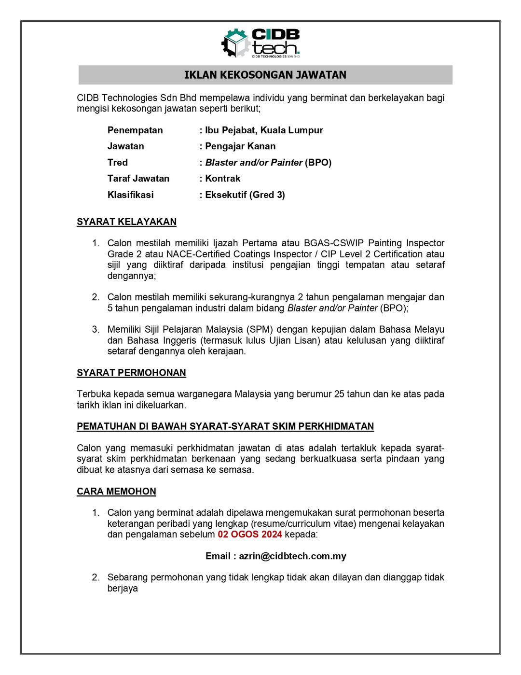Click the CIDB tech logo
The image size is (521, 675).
[x=260, y=43]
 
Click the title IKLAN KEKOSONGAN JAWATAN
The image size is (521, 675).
[x=265, y=75]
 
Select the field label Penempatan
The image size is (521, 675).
[x=135, y=130]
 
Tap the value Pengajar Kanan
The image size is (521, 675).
[x=240, y=146]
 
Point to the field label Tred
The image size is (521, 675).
[x=118, y=163]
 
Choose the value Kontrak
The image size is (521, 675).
[x=223, y=179]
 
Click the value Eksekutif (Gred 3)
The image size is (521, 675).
[x=245, y=195]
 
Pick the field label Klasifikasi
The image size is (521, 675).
[x=131, y=195]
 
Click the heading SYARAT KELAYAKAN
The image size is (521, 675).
[x=126, y=222]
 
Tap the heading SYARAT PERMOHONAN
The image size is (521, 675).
[x=131, y=373]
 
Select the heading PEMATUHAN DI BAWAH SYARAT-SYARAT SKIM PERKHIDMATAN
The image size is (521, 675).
[x=225, y=426]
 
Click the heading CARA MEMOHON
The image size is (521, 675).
[x=116, y=492]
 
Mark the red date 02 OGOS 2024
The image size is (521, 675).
[x=250, y=534]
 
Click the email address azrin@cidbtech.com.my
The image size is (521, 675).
[x=292, y=556]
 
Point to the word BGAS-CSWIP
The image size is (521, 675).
[x=333, y=243]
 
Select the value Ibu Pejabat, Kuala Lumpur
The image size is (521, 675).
[x=264, y=130]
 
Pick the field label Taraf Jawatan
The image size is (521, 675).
[x=138, y=179]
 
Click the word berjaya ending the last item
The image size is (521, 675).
[x=123, y=589]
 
